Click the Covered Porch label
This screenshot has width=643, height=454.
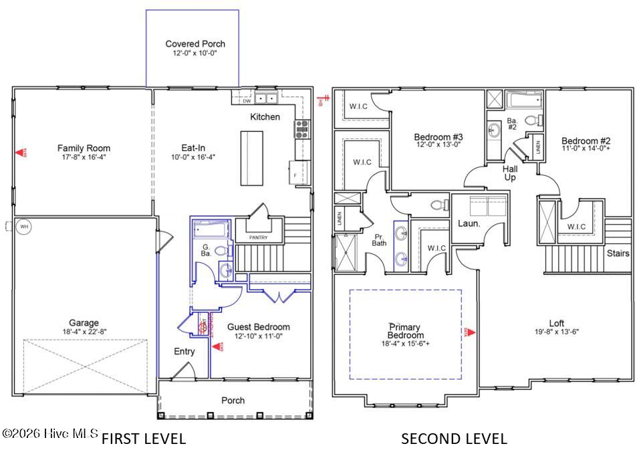pyautogui.click(x=191, y=44)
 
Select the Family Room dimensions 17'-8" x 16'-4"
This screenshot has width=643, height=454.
pyautogui.click(x=84, y=157)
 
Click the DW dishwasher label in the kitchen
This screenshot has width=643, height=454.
pyautogui.click(x=246, y=101)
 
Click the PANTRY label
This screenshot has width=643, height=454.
pyautogui.click(x=258, y=237)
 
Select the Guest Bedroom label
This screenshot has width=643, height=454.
pyautogui.click(x=259, y=327)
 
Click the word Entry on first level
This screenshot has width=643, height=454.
pyautogui.click(x=184, y=352)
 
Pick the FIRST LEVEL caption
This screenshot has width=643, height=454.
pyautogui.click(x=143, y=439)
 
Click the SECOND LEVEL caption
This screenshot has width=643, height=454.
pyautogui.click(x=454, y=439)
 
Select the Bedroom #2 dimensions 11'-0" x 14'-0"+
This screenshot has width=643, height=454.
pyautogui.click(x=586, y=150)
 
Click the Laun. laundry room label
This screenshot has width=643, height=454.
pyautogui.click(x=469, y=223)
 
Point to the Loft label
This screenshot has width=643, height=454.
pyautogui.click(x=557, y=323)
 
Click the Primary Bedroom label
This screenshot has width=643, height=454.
pyautogui.click(x=405, y=331)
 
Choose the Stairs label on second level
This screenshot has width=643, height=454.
pyautogui.click(x=618, y=253)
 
